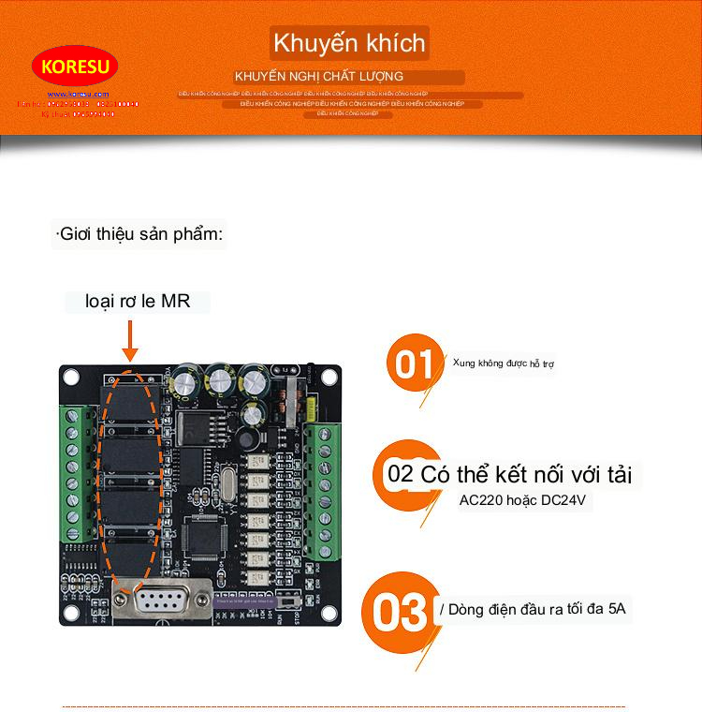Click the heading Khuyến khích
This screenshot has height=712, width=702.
coord(349,43)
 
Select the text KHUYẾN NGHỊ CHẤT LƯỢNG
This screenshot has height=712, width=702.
coord(319,76)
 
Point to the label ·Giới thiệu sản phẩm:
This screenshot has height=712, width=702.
coord(139,233)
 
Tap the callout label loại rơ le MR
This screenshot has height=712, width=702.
coord(137,302)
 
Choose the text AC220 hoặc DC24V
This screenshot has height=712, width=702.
coord(522,500)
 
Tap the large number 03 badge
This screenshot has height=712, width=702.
coord(399,614)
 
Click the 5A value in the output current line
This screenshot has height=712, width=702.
coord(617,609)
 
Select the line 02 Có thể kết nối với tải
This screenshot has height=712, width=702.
coord(509,474)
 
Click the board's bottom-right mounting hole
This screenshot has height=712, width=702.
coord(329,612)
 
